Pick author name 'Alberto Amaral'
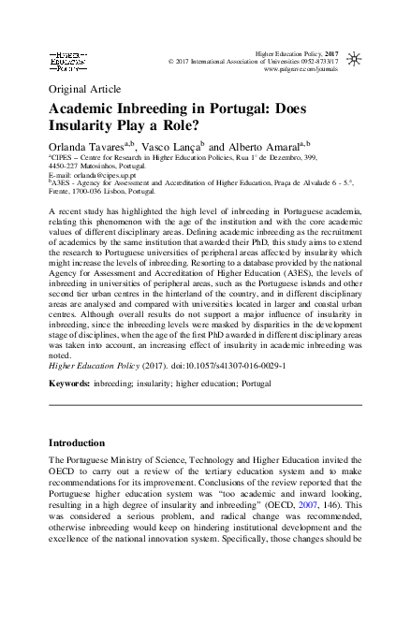point(261,148)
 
